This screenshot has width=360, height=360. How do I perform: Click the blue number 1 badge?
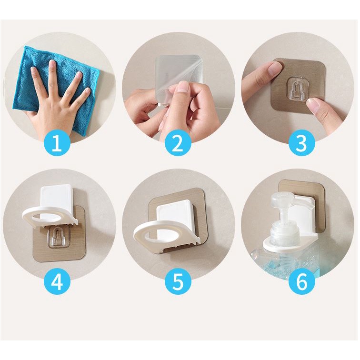coord(57,142)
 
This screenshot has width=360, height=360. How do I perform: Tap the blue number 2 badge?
coord(178,142)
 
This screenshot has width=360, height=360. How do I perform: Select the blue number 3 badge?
coord(302,142)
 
